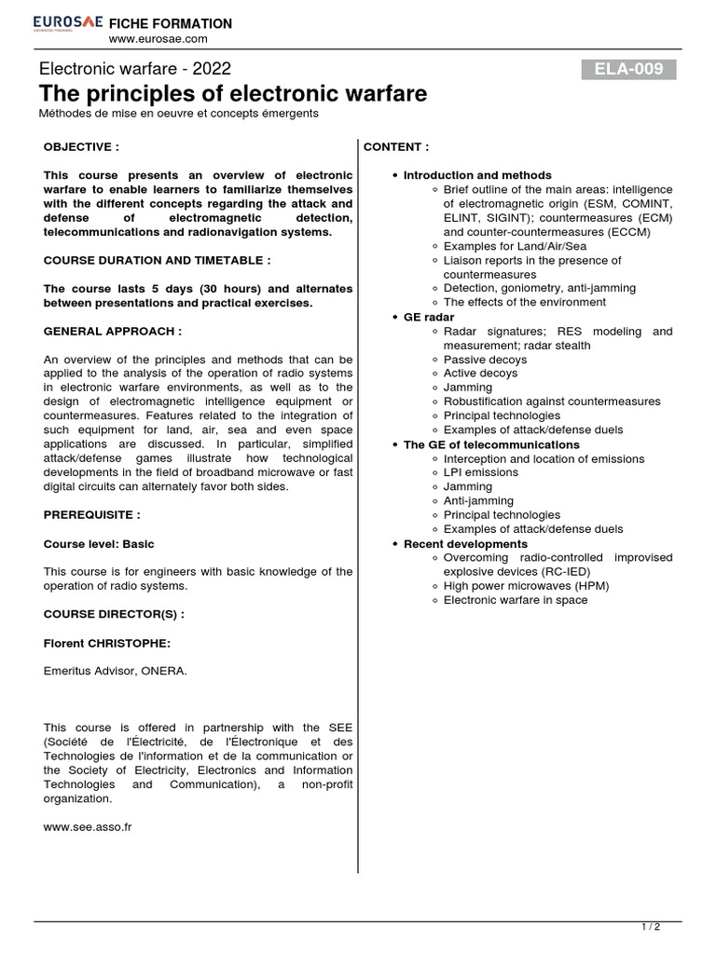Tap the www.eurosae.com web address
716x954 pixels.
pyautogui.click(x=158, y=39)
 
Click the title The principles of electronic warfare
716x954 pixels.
pyautogui.click(x=233, y=93)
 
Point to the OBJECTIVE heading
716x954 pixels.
pyautogui.click(x=82, y=147)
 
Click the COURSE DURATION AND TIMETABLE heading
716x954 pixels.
pyautogui.click(x=158, y=260)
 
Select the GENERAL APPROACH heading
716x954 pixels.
pyautogui.click(x=113, y=331)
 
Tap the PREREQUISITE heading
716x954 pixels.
pyautogui.click(x=92, y=514)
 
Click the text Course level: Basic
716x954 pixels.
pyautogui.click(x=99, y=543)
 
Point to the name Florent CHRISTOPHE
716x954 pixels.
pyautogui.click(x=107, y=643)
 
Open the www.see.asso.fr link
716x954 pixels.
pyautogui.click(x=88, y=825)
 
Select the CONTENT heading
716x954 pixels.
pyautogui.click(x=396, y=147)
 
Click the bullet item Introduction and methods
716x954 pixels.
pyautogui.click(x=477, y=175)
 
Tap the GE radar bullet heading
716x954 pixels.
pyautogui.click(x=429, y=317)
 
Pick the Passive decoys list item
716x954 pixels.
pyautogui.click(x=485, y=360)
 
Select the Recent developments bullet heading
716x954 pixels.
pyautogui.click(x=465, y=543)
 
